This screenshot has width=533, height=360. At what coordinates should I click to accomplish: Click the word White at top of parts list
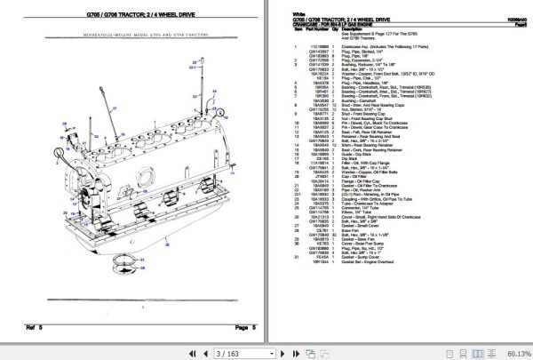pos(285,14)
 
